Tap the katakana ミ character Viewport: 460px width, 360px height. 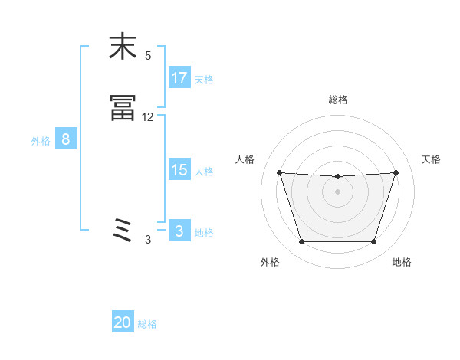coord(123,231)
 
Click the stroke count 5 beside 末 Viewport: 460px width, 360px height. coord(148,56)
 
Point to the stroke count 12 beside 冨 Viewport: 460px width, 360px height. coord(148,117)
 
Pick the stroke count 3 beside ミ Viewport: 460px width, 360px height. coord(148,240)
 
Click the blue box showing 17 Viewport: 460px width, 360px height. coord(179,78)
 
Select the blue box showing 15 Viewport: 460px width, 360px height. coord(179,170)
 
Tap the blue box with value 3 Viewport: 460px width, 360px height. coord(179,231)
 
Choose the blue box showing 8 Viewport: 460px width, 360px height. coord(66,139)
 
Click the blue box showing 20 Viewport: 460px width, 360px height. coord(123,322)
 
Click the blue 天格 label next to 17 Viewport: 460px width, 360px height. coord(204,80)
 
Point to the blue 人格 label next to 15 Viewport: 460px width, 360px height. coord(204,172)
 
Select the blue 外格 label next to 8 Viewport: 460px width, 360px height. coord(41,141)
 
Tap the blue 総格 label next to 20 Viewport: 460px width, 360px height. coord(148,324)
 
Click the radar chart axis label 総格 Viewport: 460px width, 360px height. coord(338,100)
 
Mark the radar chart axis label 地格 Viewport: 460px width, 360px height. coord(402,262)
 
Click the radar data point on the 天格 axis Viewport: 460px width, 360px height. coord(396,173)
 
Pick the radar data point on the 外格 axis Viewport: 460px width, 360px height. coord(301,242)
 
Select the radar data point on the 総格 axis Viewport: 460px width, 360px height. coord(338,177)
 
